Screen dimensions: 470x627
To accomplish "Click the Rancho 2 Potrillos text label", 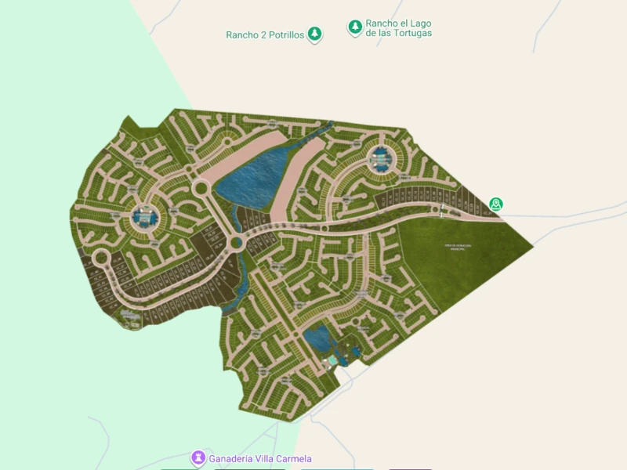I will [265, 34].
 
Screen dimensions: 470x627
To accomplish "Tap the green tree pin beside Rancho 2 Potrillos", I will [314, 34].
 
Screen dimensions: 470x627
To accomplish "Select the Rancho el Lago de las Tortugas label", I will [398, 28].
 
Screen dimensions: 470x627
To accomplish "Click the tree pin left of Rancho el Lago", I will [355, 27].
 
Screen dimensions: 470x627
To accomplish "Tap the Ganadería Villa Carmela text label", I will [260, 458].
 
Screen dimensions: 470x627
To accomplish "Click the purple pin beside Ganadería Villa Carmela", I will [199, 457].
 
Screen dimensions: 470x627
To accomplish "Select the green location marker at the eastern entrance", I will [495, 204].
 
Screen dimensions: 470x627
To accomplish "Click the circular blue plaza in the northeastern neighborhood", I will [380, 159].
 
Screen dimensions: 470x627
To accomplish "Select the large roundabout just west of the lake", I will [200, 188].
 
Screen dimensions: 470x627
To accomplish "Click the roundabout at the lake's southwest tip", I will [237, 243].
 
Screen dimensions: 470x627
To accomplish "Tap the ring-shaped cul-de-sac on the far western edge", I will [101, 258].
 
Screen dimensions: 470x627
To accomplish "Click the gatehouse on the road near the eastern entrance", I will [444, 210].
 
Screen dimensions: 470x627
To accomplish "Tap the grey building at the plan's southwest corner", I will [129, 316].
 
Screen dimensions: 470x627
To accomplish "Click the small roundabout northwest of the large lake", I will [228, 141].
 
